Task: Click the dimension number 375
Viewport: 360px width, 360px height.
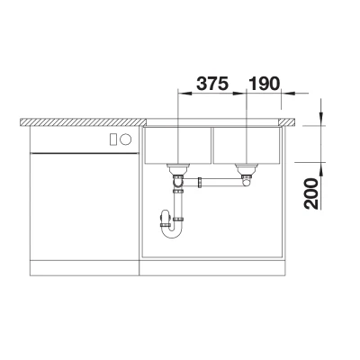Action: [212, 84]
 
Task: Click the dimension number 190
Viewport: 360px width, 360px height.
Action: [264, 84]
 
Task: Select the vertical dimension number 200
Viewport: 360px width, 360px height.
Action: [310, 193]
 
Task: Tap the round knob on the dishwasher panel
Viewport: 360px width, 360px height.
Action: [126, 139]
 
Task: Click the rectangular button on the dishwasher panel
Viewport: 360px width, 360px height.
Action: [113, 139]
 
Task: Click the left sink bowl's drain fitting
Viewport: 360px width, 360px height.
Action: [178, 169]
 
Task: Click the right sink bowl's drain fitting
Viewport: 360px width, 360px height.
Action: [246, 169]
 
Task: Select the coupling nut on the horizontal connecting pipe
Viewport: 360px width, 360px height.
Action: [200, 183]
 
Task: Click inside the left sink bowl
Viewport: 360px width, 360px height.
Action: [177, 145]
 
